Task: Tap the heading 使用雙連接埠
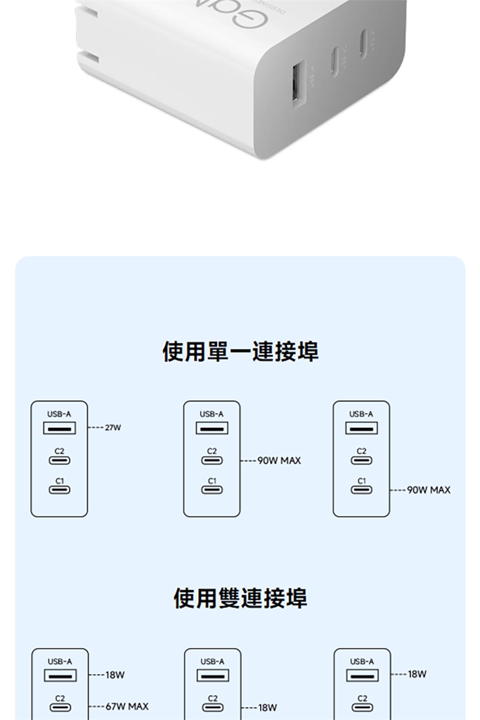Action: tap(240, 598)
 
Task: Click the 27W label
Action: tap(113, 427)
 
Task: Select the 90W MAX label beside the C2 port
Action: tap(279, 460)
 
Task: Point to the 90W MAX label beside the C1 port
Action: tap(428, 490)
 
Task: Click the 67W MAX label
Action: tap(126, 706)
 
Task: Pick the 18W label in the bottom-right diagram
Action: tap(417, 674)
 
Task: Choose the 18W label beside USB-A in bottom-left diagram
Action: tap(114, 675)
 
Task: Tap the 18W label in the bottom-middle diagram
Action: tap(267, 707)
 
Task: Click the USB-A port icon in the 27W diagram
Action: tap(59, 428)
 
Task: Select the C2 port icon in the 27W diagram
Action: tap(59, 460)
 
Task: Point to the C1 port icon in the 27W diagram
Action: tap(59, 490)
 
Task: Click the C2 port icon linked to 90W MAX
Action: tap(212, 460)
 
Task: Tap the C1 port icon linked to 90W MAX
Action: tap(361, 490)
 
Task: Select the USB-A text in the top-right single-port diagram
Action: tap(361, 414)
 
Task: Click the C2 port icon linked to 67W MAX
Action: tap(60, 707)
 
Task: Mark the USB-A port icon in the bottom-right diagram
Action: tap(362, 675)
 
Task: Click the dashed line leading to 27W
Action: tap(96, 427)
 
